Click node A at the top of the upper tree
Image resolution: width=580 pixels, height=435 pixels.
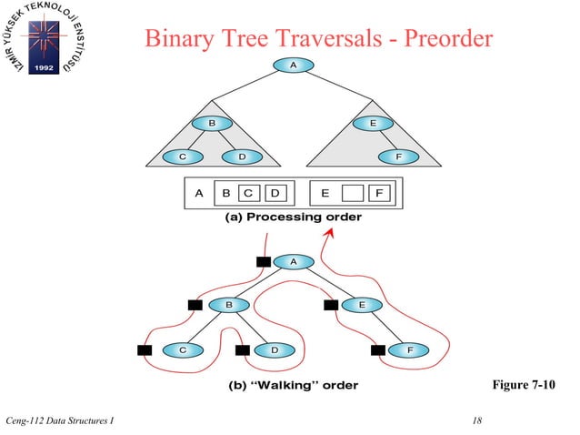tap(292, 66)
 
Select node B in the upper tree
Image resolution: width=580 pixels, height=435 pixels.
tap(211, 124)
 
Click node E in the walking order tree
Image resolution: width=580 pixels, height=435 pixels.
tap(362, 305)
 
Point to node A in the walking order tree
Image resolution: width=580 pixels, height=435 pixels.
tap(293, 261)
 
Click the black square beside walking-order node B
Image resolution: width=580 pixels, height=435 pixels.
tap(194, 305)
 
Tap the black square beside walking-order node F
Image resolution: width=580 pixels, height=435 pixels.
tap(378, 349)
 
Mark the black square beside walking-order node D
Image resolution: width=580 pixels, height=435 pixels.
tap(242, 349)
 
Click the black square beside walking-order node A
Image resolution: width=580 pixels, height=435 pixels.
tap(263, 262)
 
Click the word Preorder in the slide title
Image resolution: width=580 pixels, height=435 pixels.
tap(438, 39)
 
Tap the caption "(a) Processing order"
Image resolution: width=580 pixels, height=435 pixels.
tap(292, 217)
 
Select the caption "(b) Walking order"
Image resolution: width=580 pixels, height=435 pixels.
tap(292, 385)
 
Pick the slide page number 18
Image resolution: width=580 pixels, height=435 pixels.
tap(478, 420)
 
